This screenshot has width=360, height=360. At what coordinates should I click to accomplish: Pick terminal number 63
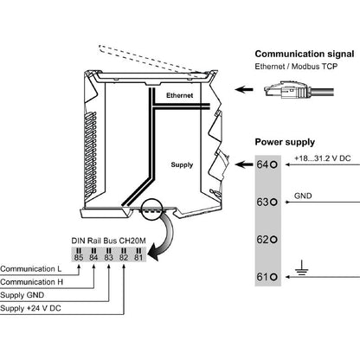point(263,202)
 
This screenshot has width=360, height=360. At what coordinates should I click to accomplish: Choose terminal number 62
point(263,240)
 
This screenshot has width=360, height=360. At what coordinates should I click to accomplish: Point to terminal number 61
point(263,277)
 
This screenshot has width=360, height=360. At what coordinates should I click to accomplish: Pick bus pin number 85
point(79,257)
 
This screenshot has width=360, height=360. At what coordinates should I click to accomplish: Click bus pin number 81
point(138,257)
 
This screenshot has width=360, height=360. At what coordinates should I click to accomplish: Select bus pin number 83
point(109,257)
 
